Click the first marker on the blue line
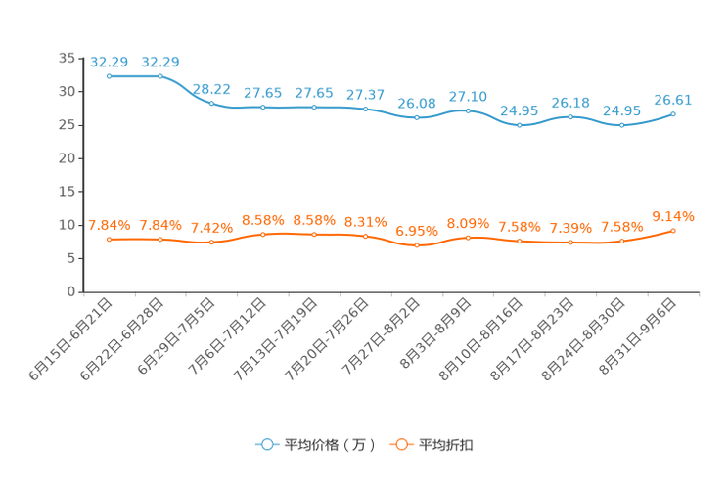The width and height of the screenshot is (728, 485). point(109,75)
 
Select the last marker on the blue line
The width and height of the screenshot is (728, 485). point(673,113)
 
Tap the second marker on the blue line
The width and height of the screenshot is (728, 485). point(159,75)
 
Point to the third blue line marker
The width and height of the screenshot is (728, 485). point(211,102)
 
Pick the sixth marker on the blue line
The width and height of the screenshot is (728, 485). point(365,109)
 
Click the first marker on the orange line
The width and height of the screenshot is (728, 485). point(109,238)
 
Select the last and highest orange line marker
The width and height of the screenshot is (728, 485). point(673,230)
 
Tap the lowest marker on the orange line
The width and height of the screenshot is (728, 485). point(417,245)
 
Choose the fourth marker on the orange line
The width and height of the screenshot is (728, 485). point(262,234)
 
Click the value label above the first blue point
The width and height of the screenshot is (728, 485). point(109,62)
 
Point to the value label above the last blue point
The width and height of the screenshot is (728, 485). point(673,99)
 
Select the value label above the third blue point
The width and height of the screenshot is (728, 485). point(211,88)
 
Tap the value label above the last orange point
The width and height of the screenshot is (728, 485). point(673,216)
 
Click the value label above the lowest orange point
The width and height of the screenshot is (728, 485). point(417,232)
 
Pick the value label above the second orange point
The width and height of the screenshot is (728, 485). point(159,224)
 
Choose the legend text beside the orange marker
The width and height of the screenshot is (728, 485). point(446,445)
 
